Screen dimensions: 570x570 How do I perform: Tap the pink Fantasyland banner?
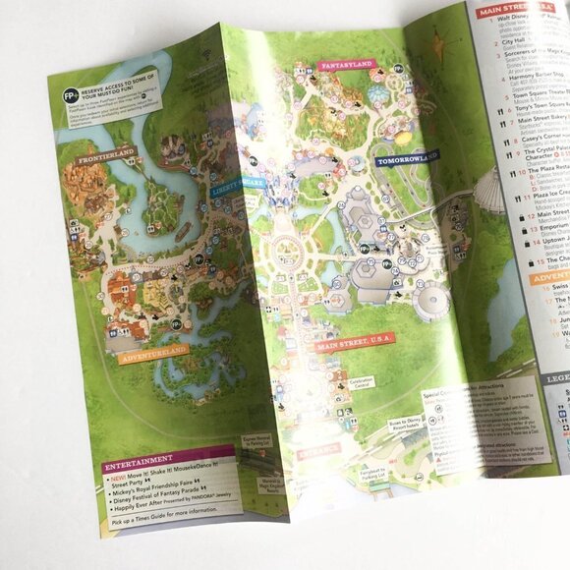345,67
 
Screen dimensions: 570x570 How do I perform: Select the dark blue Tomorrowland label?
406,157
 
